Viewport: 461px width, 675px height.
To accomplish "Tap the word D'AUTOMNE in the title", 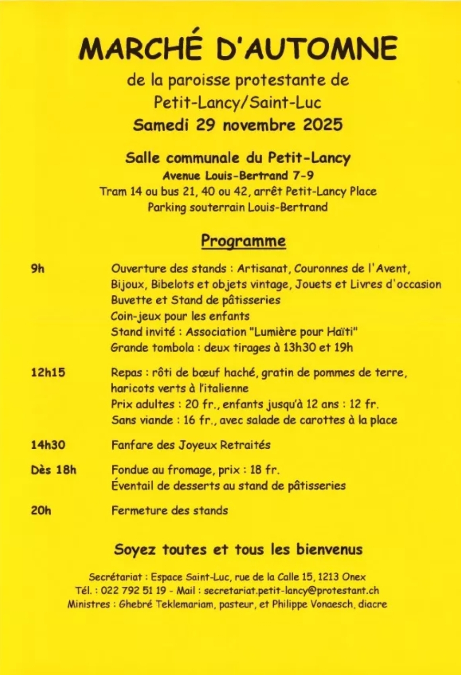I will [x=305, y=48].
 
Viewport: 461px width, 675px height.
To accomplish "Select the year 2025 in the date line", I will [x=323, y=125].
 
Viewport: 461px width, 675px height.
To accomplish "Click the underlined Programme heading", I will [x=243, y=241].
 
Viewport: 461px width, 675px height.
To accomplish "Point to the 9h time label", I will [x=38, y=269].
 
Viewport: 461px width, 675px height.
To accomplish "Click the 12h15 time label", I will [x=48, y=372].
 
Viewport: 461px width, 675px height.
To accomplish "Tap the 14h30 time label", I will [x=48, y=445].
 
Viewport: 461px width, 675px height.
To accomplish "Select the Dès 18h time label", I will [x=53, y=470].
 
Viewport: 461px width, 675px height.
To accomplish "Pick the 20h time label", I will [x=41, y=510].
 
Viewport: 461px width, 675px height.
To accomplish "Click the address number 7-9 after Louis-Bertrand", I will [x=303, y=175].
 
